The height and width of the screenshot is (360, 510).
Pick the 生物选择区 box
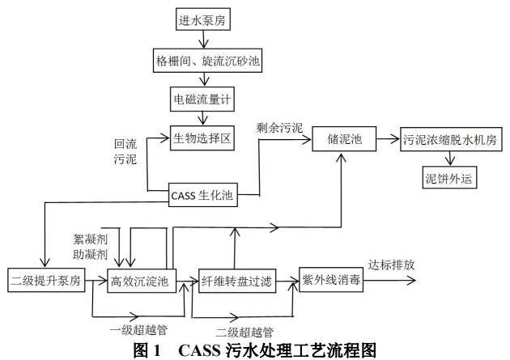[x=202, y=138]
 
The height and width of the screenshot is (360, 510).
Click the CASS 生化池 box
[x=203, y=194]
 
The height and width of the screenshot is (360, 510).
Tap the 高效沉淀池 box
[x=138, y=282]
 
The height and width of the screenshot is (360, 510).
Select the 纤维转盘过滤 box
[x=236, y=282]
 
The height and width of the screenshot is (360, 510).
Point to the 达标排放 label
[x=391, y=265]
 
